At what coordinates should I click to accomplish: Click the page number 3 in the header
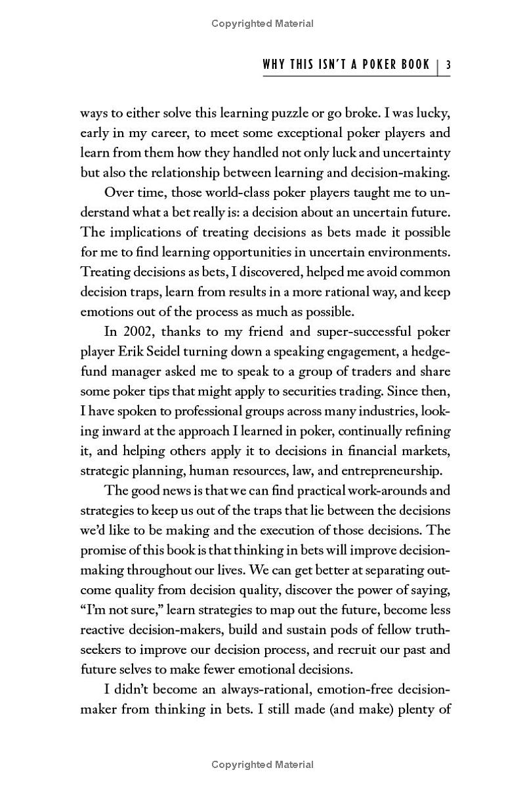[448, 65]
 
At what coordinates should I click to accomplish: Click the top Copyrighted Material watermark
[262, 24]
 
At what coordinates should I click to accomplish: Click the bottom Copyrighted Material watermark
[262, 765]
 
